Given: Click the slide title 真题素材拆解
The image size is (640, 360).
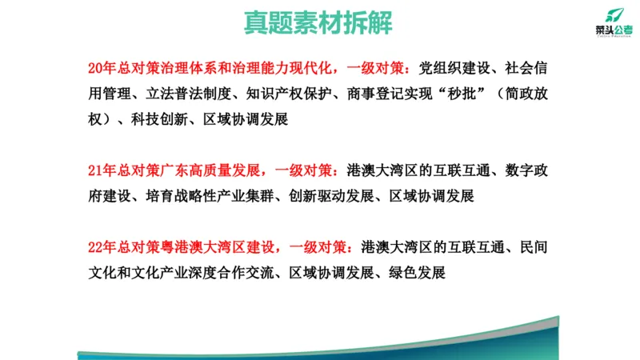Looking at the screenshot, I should point(318,22).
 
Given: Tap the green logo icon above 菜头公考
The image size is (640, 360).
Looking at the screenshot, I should point(613,14).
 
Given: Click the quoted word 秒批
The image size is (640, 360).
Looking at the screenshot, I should point(466,92).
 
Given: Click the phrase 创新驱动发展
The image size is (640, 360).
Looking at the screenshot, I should point(333,195).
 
